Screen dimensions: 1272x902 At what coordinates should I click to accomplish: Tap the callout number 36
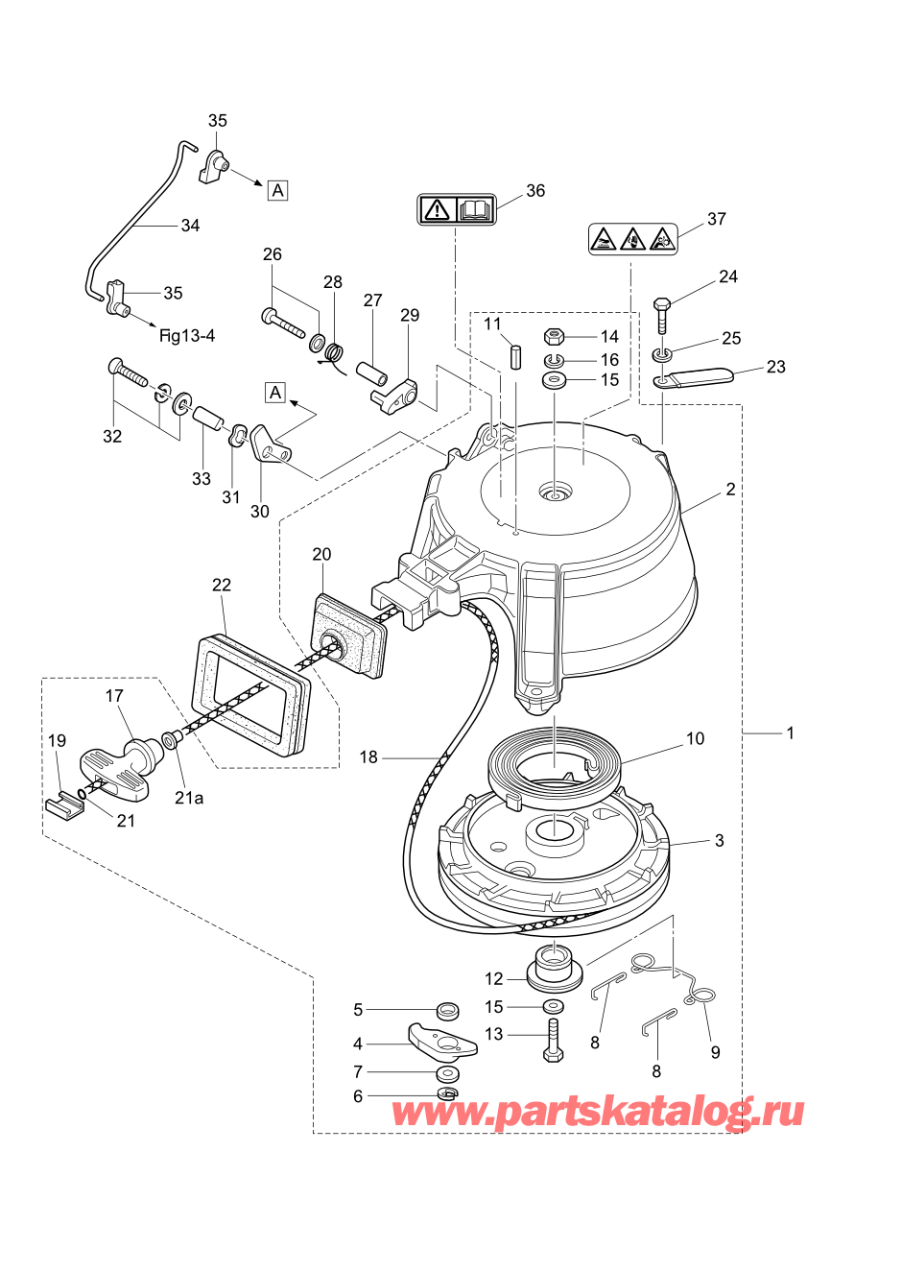coord(535,191)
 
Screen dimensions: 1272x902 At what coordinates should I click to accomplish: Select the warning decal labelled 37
coord(632,239)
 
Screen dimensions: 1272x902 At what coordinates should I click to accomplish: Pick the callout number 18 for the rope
coord(368,757)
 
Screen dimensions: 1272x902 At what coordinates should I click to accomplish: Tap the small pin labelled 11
coord(516,354)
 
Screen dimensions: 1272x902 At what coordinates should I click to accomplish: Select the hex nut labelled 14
coord(553,336)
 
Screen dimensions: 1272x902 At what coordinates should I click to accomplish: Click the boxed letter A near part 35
coord(277,190)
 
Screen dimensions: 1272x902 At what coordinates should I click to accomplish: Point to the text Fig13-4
coord(187,335)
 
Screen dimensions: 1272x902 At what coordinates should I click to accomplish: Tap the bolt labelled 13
coord(553,1039)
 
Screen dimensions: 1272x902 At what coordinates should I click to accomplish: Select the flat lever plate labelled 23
coord(697,377)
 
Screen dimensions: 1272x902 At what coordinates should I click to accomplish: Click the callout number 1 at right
coord(790,733)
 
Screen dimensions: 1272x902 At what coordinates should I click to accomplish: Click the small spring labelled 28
coord(335,352)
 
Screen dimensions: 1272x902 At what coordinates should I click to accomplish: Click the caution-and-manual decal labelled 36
coord(457,208)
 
